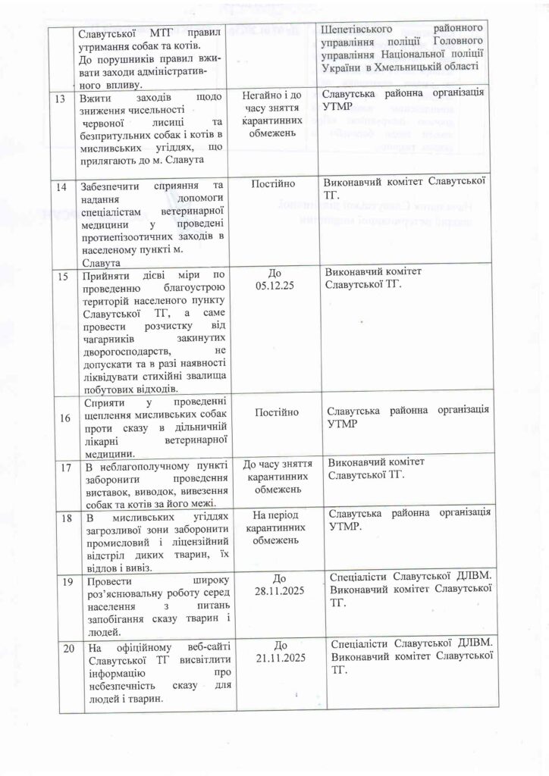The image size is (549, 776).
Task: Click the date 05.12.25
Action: click(278, 289)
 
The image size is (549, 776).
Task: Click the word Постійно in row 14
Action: click(278, 184)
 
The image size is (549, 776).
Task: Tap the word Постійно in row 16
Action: click(278, 412)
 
